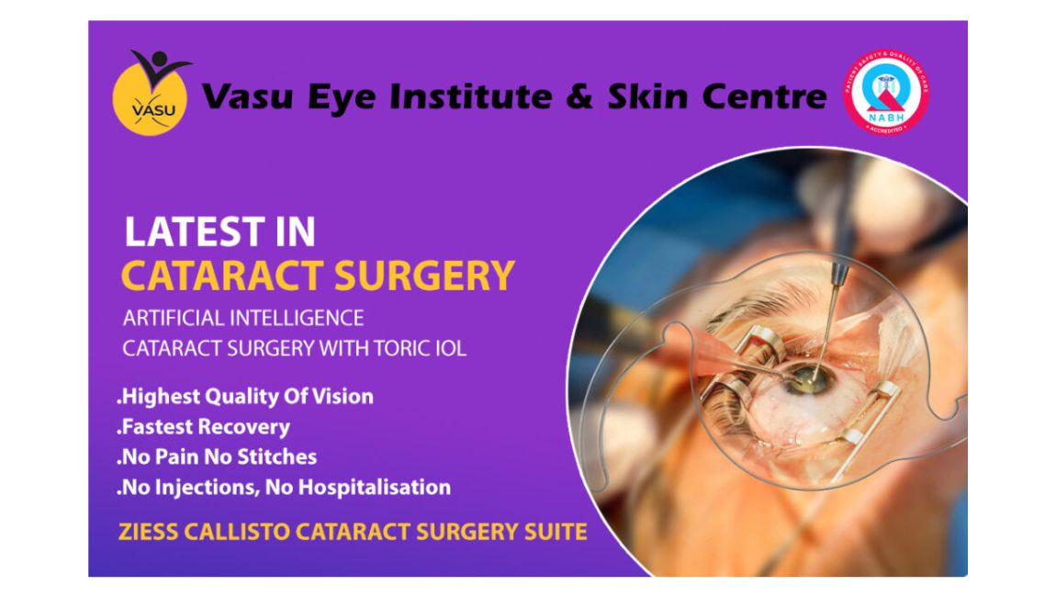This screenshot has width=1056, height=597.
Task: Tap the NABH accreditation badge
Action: [x=886, y=93]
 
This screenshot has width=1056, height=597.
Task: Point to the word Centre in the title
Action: [x=764, y=96]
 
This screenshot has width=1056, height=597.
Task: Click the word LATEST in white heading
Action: [x=188, y=232]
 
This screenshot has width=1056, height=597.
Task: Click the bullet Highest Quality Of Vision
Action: [x=245, y=397]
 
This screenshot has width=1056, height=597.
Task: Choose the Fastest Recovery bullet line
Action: [x=203, y=426]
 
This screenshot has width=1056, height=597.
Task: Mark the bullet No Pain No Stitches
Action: [x=217, y=456]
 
